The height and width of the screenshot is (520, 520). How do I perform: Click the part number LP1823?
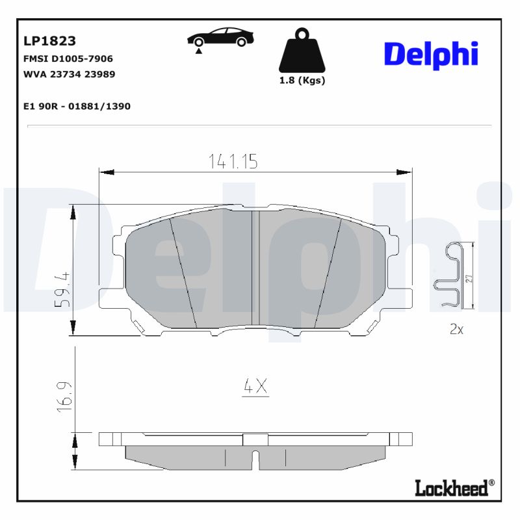[x=49, y=41]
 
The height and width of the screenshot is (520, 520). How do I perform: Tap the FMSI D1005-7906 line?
[x=68, y=58]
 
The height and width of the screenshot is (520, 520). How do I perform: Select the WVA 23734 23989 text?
[x=69, y=74]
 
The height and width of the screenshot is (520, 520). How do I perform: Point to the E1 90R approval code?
[x=76, y=106]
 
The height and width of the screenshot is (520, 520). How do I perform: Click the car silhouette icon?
[x=220, y=37]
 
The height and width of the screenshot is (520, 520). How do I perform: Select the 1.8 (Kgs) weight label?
[x=302, y=81]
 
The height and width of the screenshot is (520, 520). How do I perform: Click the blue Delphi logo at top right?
[x=430, y=55]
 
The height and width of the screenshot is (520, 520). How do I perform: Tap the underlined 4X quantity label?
[x=255, y=387]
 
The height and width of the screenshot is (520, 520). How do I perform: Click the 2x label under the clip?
[x=456, y=330]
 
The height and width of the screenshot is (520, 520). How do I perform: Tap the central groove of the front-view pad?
[x=255, y=268]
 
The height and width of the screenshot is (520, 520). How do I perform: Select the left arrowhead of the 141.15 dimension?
[x=104, y=172]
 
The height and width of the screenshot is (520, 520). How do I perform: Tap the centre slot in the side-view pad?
[x=255, y=458]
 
